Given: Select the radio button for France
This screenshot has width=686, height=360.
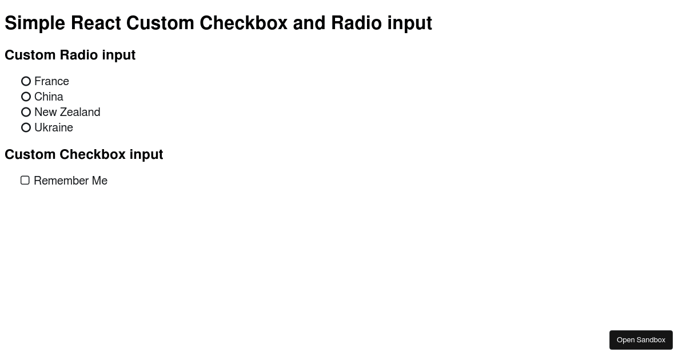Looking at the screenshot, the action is (x=26, y=81).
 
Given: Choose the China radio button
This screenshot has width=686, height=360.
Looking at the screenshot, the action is (x=26, y=97).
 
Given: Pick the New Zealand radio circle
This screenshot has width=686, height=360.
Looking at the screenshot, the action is (x=26, y=112).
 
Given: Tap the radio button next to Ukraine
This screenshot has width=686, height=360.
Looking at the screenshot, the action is (x=26, y=127).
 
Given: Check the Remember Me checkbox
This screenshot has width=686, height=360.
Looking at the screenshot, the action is (x=25, y=181).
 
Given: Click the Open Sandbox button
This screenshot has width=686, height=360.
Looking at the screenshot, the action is (x=641, y=340).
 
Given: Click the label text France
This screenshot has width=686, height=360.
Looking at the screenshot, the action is (x=52, y=81).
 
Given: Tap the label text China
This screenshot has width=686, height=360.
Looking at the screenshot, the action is (x=49, y=97).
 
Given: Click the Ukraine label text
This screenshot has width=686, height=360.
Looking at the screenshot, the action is (x=54, y=127).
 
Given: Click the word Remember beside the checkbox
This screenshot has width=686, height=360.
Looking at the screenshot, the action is (x=61, y=181).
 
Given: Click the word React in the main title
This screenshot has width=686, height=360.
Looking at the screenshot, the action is (x=96, y=23).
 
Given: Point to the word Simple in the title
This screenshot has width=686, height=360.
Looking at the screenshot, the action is (x=35, y=23).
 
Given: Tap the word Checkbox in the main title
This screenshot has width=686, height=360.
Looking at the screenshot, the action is (x=244, y=23).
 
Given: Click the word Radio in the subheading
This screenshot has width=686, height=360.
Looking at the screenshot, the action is (x=79, y=55).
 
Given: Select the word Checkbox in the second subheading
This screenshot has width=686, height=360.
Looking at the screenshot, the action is (x=93, y=154).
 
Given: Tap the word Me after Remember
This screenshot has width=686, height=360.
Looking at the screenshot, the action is (x=99, y=181).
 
